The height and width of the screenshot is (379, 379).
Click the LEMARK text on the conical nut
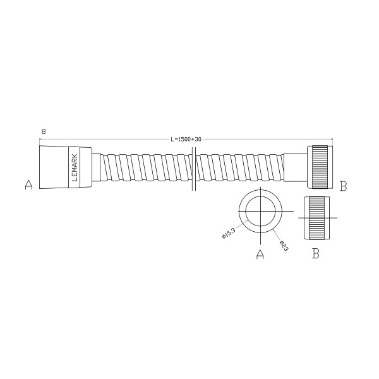tap(75, 168)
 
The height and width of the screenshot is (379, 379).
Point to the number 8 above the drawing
tap(43, 131)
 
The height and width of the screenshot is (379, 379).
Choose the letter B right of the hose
tap(343, 186)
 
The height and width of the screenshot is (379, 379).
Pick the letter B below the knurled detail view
tap(316, 254)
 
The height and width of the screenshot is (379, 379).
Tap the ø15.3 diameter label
tap(229, 232)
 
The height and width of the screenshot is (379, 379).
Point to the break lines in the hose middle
tap(193, 168)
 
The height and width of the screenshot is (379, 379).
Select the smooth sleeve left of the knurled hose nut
tap(295, 168)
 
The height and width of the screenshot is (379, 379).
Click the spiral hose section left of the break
tap(145, 168)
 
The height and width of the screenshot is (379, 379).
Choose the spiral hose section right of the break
tap(240, 168)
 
